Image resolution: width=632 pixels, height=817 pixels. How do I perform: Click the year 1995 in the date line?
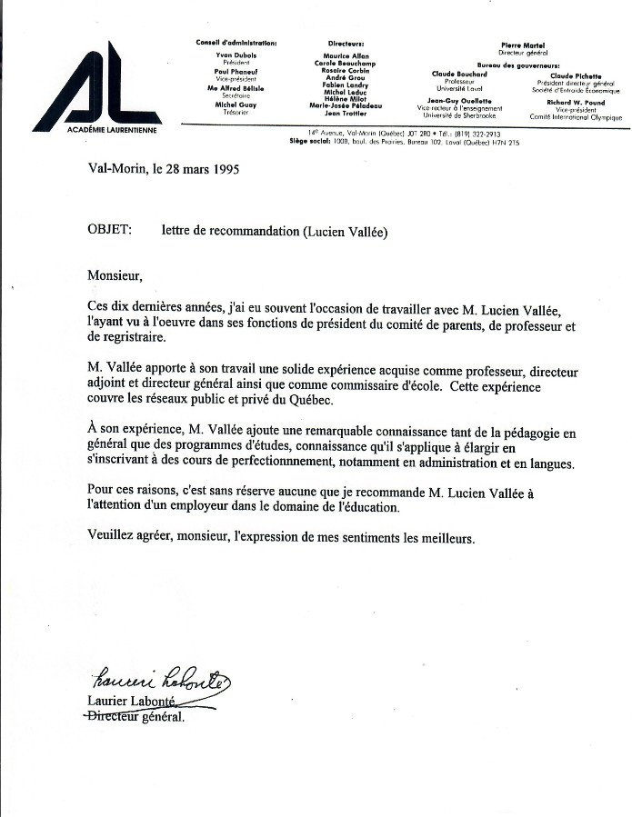point(224,170)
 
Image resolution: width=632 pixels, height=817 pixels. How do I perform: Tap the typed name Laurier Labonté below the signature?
point(129,701)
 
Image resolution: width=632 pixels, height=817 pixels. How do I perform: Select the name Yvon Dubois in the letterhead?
point(236,55)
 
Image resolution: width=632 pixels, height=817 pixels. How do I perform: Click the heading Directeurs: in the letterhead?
point(346,44)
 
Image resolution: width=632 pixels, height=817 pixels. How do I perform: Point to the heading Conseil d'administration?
point(236,44)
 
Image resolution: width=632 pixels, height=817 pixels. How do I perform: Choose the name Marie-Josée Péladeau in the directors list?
point(346,105)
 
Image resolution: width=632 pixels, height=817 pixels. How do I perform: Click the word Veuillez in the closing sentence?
point(112,538)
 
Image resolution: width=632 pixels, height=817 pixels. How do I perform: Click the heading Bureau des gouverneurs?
point(525,65)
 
